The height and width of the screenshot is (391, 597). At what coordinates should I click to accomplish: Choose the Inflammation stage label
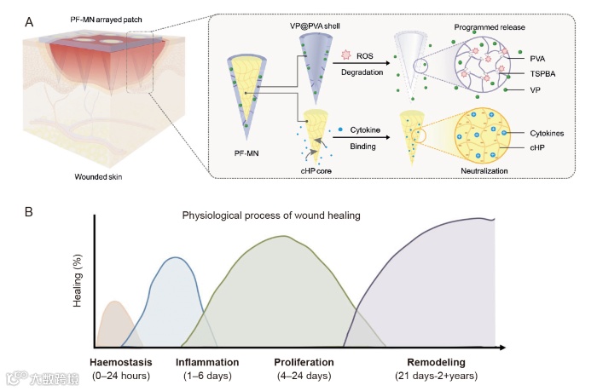click(207, 362)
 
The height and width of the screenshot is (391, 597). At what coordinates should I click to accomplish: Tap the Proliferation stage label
click(304, 362)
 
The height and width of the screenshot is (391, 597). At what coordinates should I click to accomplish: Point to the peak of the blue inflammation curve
click(175, 257)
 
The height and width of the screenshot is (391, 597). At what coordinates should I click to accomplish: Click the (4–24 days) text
click(304, 376)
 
